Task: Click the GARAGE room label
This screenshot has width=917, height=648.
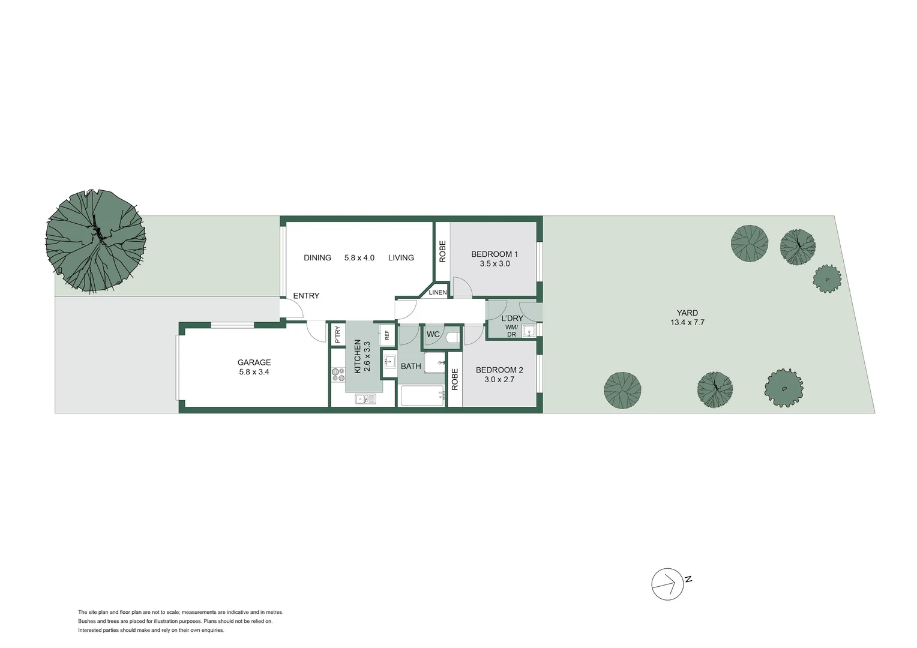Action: point(254,362)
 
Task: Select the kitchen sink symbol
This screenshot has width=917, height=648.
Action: point(365,398)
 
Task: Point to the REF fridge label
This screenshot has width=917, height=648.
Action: point(387,335)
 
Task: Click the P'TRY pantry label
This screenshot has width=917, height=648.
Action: point(337,334)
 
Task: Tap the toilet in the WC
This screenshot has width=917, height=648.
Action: point(452,337)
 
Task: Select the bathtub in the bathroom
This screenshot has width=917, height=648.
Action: point(421,395)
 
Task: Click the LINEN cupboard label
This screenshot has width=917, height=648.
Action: point(437,292)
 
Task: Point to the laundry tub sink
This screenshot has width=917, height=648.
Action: point(529,330)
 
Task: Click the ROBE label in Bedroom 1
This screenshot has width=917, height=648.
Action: point(442,251)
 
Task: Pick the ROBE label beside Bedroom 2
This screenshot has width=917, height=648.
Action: point(454,379)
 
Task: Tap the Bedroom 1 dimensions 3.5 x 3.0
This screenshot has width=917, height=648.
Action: point(495,264)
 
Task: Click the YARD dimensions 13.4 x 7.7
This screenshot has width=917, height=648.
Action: point(687,323)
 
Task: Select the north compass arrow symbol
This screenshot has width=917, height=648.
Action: point(668,584)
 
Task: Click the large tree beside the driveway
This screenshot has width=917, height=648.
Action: point(95,241)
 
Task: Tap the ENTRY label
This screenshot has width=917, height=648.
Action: point(306,296)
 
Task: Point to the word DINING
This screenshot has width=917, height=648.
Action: point(317,258)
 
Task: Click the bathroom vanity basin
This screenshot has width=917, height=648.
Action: point(389,361)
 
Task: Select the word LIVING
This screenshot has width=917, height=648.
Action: point(401,258)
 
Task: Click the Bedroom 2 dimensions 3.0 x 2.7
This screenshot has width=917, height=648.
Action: point(499,379)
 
